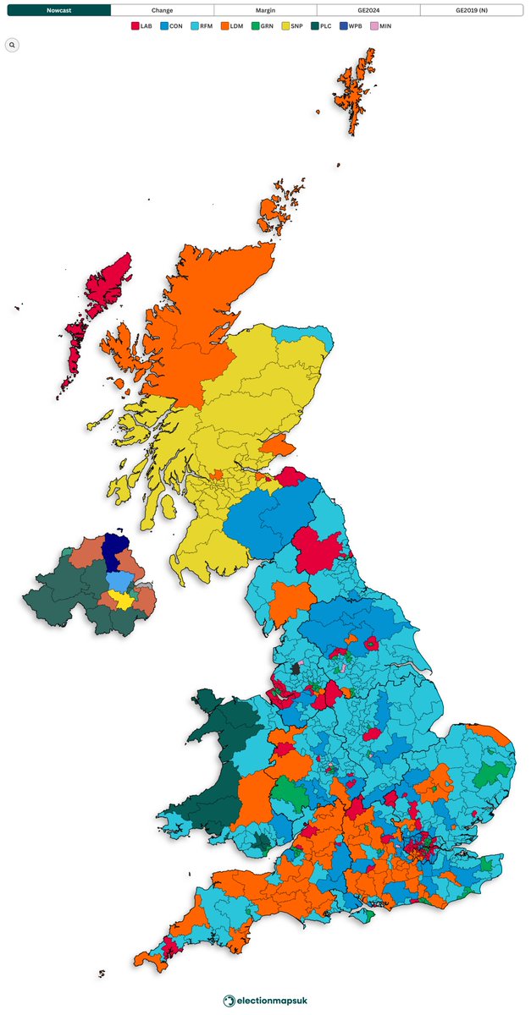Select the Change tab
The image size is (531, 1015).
pyautogui.click(x=162, y=10)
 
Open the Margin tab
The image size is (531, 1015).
pyautogui.click(x=265, y=10)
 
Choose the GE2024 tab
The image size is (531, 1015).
pyautogui.click(x=368, y=10)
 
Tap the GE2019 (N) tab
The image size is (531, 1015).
pyautogui.click(x=472, y=10)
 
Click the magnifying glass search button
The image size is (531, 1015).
pyautogui.click(x=12, y=45)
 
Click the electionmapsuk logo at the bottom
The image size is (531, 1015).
pyautogui.click(x=265, y=1001)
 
